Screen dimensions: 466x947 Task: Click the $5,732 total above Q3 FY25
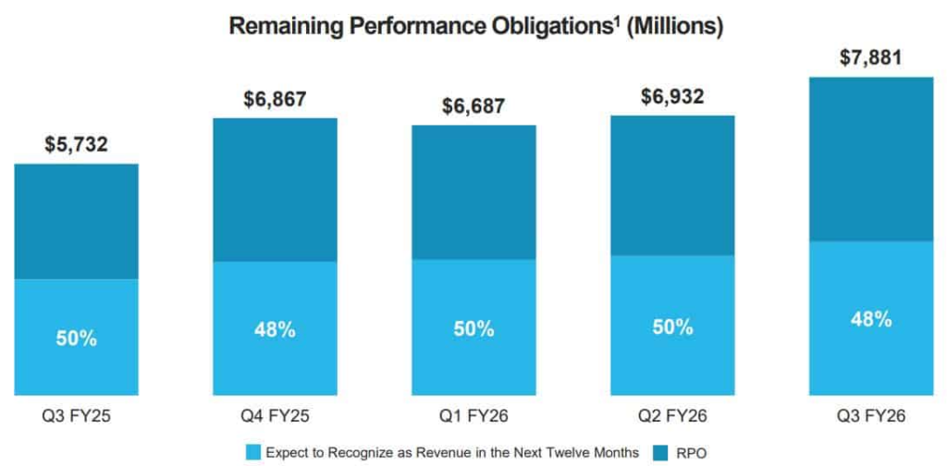[x=76, y=144]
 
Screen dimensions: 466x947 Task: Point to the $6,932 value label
[x=672, y=96]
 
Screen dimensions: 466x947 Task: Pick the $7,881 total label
[x=870, y=57]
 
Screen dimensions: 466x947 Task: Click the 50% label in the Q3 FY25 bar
[x=76, y=338]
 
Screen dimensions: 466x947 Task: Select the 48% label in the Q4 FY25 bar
[x=275, y=329]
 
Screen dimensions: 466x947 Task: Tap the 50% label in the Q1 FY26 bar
[x=473, y=328]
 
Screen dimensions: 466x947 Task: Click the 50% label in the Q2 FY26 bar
[x=672, y=326]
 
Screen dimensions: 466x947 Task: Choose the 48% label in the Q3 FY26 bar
[x=870, y=319]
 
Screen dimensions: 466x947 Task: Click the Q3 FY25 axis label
[x=76, y=415]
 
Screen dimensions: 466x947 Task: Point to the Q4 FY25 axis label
[x=275, y=415]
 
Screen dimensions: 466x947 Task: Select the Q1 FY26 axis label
[x=473, y=415]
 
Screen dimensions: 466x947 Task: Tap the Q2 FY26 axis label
[x=672, y=415]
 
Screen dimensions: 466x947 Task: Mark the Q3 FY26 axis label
[x=870, y=415]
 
